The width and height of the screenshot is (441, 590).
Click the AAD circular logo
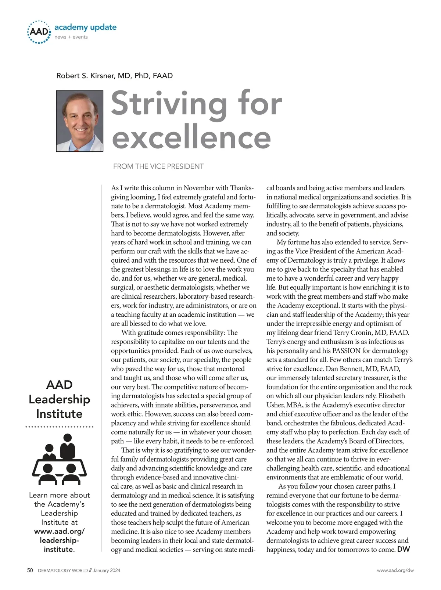(39, 32)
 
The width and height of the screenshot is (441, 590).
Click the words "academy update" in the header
(85, 27)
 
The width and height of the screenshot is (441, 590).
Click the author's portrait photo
(80, 121)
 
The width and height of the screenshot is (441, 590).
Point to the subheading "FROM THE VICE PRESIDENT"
(158, 166)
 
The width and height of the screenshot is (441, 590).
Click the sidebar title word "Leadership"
(59, 399)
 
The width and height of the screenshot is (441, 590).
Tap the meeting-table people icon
(59, 459)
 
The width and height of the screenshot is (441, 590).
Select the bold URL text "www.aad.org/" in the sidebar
(59, 531)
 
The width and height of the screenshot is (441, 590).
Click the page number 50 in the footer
(30, 570)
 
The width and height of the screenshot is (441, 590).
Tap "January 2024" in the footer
(107, 571)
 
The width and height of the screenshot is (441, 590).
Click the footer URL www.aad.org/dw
(395, 571)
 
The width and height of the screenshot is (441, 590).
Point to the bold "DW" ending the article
(404, 550)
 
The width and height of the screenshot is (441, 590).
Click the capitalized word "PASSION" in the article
(347, 351)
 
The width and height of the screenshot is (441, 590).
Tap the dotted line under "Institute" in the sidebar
(59, 427)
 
